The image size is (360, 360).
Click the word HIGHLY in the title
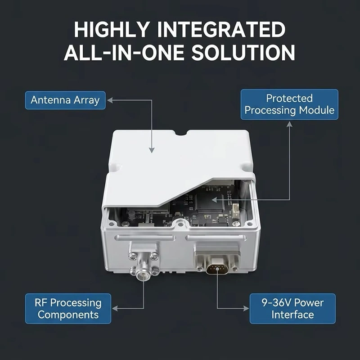(112, 29)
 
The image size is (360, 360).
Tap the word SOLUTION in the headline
(243, 53)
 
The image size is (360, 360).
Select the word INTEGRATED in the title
(221, 29)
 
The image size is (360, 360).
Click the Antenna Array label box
(65, 100)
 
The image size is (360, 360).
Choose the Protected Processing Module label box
(289, 104)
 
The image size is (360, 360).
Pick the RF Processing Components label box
(68, 309)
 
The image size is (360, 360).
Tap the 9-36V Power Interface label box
(292, 309)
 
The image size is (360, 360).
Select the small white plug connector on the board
(236, 211)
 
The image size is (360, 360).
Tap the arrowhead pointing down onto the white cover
(152, 150)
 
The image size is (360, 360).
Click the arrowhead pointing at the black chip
(214, 200)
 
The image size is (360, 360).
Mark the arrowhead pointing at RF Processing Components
(115, 309)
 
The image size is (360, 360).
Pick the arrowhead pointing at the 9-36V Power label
(246, 309)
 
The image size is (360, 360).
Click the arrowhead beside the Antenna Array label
(110, 100)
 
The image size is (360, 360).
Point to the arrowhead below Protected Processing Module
(289, 124)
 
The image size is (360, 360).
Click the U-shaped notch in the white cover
(182, 133)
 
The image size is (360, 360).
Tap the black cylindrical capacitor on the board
(132, 215)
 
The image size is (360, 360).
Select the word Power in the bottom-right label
(309, 302)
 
